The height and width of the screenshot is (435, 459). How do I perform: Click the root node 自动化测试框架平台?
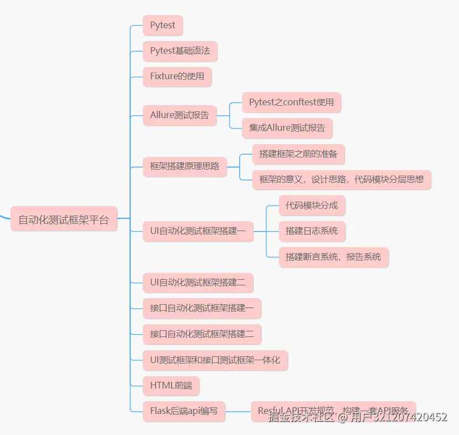(64, 219)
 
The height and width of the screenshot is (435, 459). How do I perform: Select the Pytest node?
(163, 25)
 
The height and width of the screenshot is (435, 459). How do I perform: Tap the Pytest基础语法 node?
(180, 51)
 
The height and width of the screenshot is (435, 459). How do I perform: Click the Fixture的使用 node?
(177, 76)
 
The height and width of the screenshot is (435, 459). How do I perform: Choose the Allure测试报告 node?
(179, 115)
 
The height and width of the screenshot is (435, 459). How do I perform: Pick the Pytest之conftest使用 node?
(291, 103)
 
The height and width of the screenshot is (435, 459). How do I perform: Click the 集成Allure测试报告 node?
(287, 128)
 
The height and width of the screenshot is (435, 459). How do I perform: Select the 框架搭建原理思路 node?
(184, 166)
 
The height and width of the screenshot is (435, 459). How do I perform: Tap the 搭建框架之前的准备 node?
(298, 153)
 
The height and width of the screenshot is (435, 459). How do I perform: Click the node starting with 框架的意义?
(341, 180)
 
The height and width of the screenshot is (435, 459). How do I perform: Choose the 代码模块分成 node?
(312, 205)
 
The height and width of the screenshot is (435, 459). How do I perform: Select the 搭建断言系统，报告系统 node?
(333, 257)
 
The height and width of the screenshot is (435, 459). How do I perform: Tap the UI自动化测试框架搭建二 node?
(198, 283)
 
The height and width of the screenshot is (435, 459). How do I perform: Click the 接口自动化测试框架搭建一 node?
(202, 309)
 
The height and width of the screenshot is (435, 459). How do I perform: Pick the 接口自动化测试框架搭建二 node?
(202, 334)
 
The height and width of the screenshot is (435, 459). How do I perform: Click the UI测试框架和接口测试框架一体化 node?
(215, 360)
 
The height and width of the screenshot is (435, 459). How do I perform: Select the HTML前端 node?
(171, 386)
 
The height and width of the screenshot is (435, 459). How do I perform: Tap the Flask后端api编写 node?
(184, 411)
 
